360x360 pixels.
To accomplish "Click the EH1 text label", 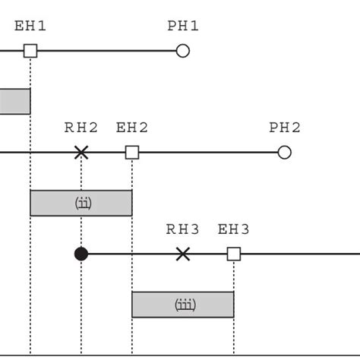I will pyautogui.click(x=30, y=26).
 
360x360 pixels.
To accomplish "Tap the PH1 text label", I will pyautogui.click(x=183, y=26).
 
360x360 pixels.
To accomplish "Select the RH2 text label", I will pyautogui.click(x=81, y=128).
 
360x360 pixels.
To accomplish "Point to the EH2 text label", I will pyautogui.click(x=132, y=128).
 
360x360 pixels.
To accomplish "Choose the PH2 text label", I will pyautogui.click(x=285, y=128).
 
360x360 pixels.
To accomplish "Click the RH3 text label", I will pyautogui.click(x=182, y=229).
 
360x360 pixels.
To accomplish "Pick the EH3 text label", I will pyautogui.click(x=234, y=229).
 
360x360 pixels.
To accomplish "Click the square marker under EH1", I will pyautogui.click(x=30, y=51).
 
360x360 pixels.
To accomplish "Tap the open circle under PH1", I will pyautogui.click(x=182, y=51).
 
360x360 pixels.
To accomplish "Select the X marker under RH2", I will pyautogui.click(x=81, y=153).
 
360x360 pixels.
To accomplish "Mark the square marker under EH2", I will pyautogui.click(x=132, y=153).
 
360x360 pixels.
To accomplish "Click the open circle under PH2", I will pyautogui.click(x=284, y=153).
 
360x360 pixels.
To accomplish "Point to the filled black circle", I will pyautogui.click(x=81, y=254).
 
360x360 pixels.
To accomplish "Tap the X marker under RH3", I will pyautogui.click(x=182, y=254).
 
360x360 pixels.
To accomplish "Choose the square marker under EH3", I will pyautogui.click(x=234, y=254).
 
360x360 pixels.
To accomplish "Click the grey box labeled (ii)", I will pyautogui.click(x=81, y=203).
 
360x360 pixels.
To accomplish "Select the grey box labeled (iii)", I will pyautogui.click(x=183, y=305).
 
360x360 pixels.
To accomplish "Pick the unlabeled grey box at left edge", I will pyautogui.click(x=14, y=101).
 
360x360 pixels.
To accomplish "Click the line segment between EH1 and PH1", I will pyautogui.click(x=106, y=51).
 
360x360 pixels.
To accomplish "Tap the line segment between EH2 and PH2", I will pyautogui.click(x=208, y=153).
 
